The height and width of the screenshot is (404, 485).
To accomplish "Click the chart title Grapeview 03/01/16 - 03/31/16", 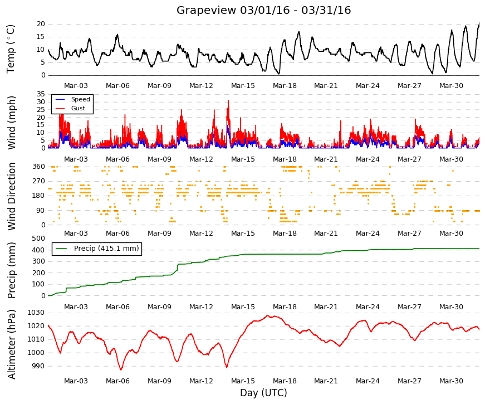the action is pyautogui.click(x=263, y=10).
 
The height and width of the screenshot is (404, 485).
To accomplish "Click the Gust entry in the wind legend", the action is pyautogui.click(x=70, y=108).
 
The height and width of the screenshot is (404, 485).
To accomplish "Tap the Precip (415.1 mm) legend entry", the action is pyautogui.click(x=97, y=249).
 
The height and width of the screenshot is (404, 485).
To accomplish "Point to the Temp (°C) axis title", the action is pyautogui.click(x=11, y=49).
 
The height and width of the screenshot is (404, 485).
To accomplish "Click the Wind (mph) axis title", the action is pyautogui.click(x=12, y=123).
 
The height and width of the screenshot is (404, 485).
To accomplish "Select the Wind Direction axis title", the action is pyautogui.click(x=12, y=197).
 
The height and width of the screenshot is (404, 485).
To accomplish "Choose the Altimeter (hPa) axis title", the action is pyautogui.click(x=12, y=344).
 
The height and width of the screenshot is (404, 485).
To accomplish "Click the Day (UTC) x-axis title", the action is pyautogui.click(x=263, y=393).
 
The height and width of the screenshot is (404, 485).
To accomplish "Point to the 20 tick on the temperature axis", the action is pyautogui.click(x=41, y=24).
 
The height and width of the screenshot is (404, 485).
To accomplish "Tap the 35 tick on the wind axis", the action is pyautogui.click(x=41, y=94).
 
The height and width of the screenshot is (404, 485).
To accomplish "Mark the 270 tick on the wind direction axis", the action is pyautogui.click(x=38, y=181).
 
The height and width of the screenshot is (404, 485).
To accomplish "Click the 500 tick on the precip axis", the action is pyautogui.click(x=38, y=238).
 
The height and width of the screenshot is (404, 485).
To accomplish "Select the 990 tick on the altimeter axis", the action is pyautogui.click(x=38, y=366).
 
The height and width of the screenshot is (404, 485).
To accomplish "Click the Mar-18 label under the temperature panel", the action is pyautogui.click(x=285, y=86).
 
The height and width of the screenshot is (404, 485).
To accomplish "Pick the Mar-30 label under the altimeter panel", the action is pyautogui.click(x=451, y=381).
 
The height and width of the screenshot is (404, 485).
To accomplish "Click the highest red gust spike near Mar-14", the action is pyautogui.click(x=228, y=101).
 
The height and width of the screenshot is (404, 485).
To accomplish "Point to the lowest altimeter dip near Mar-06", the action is pyautogui.click(x=121, y=369).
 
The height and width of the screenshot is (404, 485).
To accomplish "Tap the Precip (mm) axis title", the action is pyautogui.click(x=12, y=270).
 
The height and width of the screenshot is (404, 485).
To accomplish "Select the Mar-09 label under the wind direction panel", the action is pyautogui.click(x=159, y=233).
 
